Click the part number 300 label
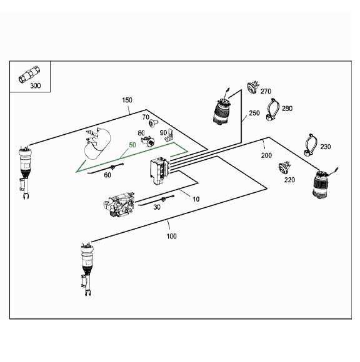(35, 85)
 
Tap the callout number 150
(127, 100)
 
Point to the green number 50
(132, 145)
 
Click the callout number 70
(146, 117)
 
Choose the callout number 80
(141, 132)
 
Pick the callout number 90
(163, 132)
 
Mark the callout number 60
(107, 175)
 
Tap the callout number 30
(157, 208)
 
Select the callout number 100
(171, 236)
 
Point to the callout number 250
(254, 114)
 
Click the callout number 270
(265, 91)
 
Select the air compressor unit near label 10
(120, 205)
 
